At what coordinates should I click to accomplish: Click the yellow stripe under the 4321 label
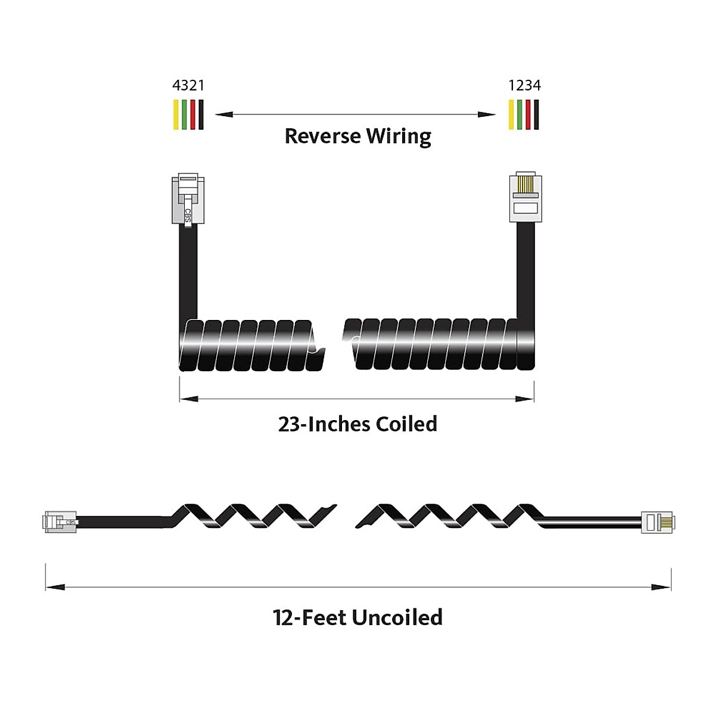pyautogui.click(x=176, y=114)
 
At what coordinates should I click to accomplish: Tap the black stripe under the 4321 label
pyautogui.click(x=201, y=114)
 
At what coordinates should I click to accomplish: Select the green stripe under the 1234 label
pyautogui.click(x=520, y=114)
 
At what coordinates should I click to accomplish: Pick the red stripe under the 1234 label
pyautogui.click(x=528, y=114)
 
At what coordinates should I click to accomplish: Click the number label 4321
pyautogui.click(x=188, y=86)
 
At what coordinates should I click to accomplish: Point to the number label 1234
pyautogui.click(x=524, y=86)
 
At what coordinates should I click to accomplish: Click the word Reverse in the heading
pyautogui.click(x=322, y=136)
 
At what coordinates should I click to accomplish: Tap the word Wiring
pyautogui.click(x=398, y=136)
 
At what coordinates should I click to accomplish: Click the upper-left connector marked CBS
pyautogui.click(x=188, y=199)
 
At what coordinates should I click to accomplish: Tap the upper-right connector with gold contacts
pyautogui.click(x=526, y=197)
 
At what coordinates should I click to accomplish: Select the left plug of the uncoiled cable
pyautogui.click(x=60, y=521)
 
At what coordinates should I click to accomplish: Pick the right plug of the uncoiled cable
pyautogui.click(x=657, y=521)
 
